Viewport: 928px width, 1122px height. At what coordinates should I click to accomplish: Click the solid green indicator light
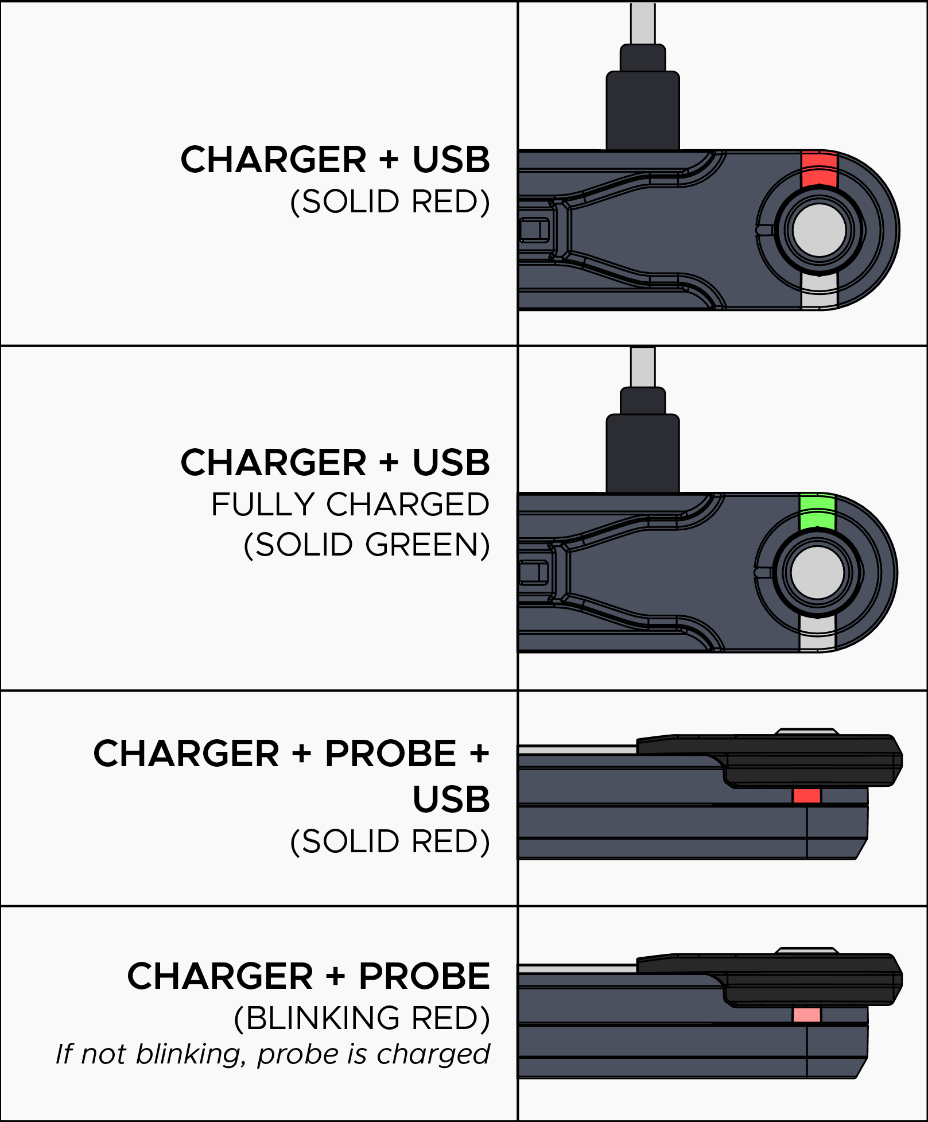tap(817, 513)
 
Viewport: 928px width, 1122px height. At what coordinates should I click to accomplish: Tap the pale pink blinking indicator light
tap(807, 1015)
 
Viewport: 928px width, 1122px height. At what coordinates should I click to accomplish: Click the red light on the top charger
tap(819, 170)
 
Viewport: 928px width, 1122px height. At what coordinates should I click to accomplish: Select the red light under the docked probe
tap(807, 795)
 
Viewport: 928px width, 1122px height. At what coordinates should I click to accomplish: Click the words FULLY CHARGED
tap(350, 504)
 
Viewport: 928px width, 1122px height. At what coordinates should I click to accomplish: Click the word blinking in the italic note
tap(187, 1054)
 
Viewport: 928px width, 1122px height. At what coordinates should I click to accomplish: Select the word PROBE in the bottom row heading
tap(424, 976)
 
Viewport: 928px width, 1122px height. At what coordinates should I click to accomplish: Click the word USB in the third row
tap(451, 799)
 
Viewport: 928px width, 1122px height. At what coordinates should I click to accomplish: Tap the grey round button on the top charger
tap(819, 230)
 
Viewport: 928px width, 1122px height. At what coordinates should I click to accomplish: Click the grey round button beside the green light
tap(817, 572)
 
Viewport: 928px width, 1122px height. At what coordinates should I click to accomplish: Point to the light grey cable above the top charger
tap(643, 23)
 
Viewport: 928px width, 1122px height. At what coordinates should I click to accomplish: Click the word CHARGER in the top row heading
tap(273, 160)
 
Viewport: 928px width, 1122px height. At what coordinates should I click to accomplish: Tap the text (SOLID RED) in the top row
tap(390, 201)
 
